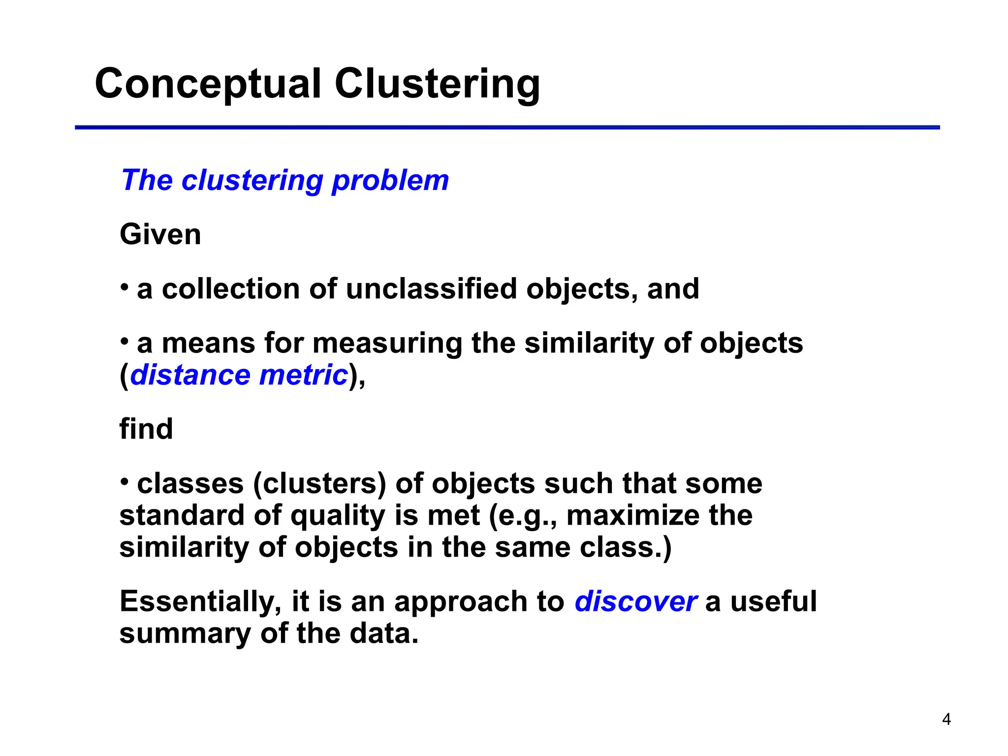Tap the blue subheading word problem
[390, 181]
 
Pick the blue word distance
[190, 375]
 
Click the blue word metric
[304, 375]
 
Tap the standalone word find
[146, 429]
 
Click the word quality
[337, 516]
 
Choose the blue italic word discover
[635, 601]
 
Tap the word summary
[185, 634]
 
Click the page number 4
[946, 720]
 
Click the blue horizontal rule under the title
[507, 127]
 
